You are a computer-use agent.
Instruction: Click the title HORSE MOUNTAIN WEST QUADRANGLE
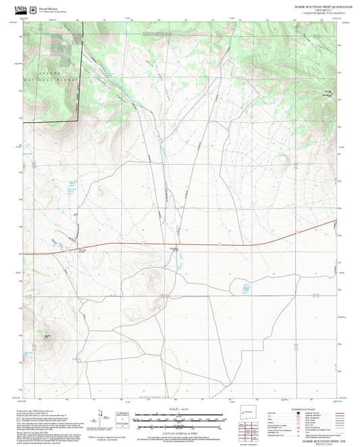[317, 5]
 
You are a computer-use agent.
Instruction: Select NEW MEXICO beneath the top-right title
[317, 9]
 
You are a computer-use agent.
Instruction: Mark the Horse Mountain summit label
[309, 93]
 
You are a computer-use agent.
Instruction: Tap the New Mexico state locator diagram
[244, 413]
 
